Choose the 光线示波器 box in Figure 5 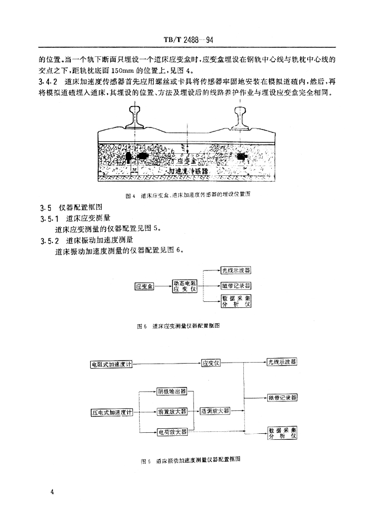pos(236,271)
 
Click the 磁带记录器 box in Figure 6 pos(282,397)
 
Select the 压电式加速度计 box pos(112,412)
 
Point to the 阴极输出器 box pos(171,391)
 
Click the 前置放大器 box pos(171,412)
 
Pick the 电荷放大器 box pos(172,432)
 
